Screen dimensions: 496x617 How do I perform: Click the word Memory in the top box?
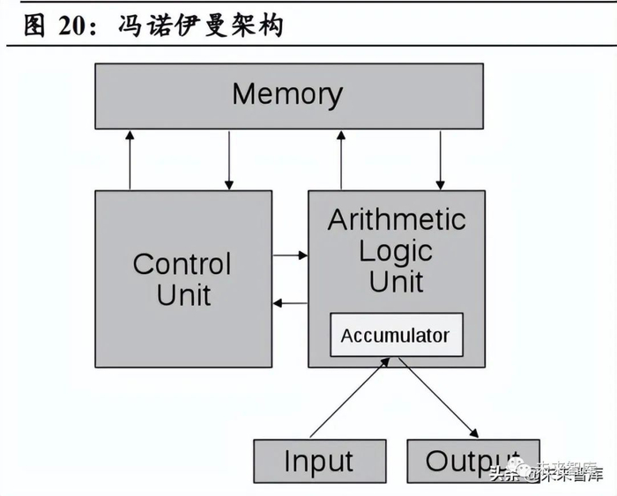pos(287,94)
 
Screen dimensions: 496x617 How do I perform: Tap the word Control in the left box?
pos(182,263)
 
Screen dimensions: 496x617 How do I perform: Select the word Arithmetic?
pos(396,219)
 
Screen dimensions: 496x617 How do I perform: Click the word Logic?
pos(396,251)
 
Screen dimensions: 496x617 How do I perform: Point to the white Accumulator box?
pos(396,335)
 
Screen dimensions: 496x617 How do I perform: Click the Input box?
pos(317,461)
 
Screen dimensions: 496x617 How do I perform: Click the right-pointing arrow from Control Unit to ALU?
pos(290,255)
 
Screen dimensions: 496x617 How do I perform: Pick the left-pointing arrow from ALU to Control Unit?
pos(290,303)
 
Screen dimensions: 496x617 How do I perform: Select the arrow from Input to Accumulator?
pos(349,397)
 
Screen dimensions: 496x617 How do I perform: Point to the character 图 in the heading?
pos(34,26)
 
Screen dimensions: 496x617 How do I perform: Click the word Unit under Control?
pos(183,294)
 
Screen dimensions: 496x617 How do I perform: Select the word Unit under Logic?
pos(396,282)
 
